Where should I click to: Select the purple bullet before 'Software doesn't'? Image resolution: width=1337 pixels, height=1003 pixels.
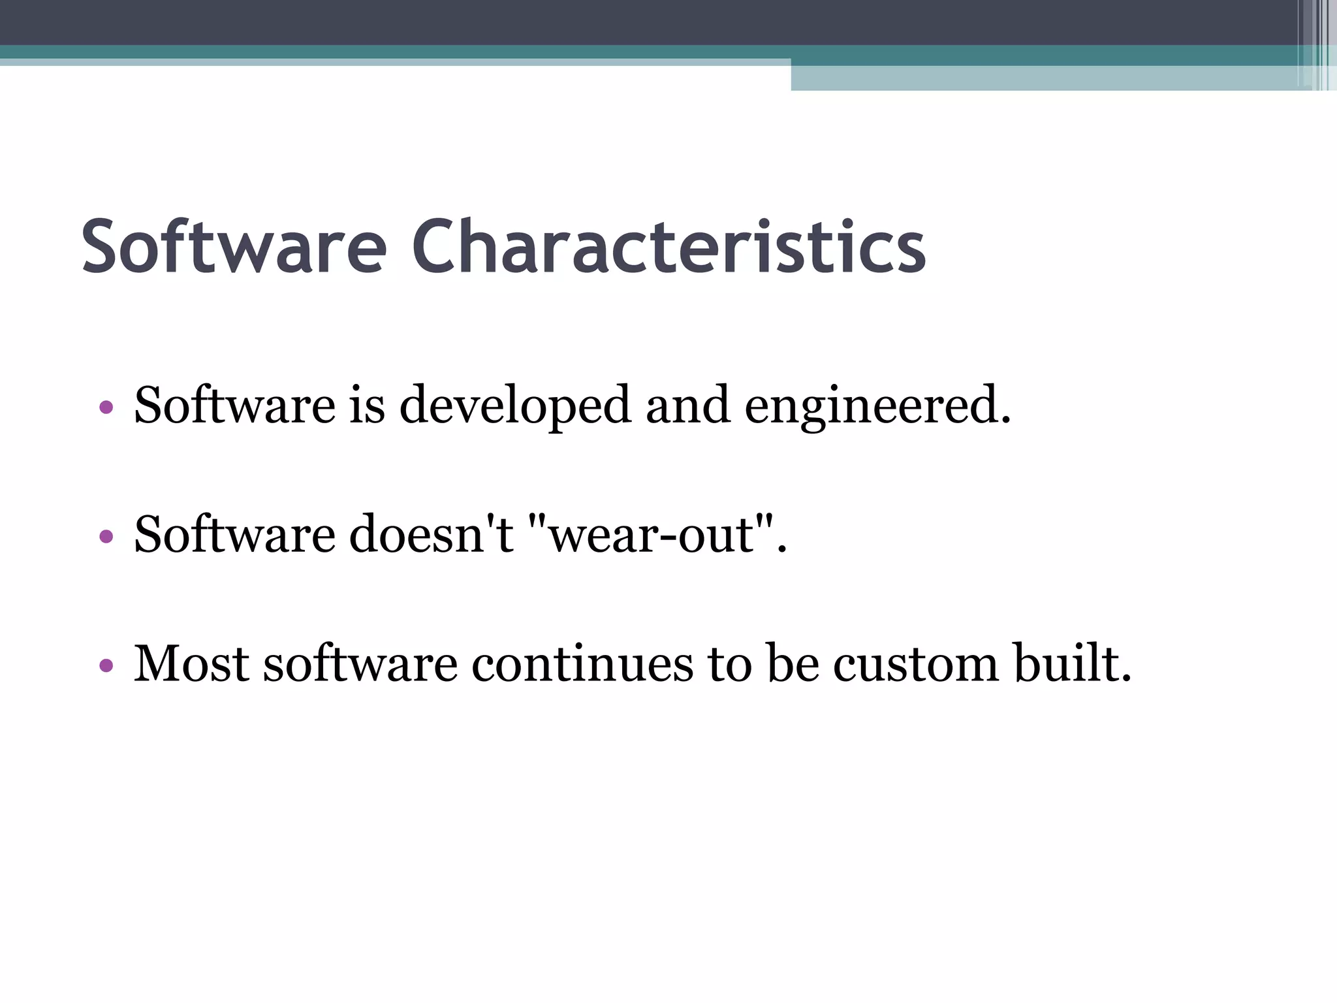(106, 537)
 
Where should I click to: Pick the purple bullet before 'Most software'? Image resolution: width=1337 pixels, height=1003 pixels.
(106, 666)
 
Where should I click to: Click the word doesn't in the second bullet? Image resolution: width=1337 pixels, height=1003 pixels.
(432, 534)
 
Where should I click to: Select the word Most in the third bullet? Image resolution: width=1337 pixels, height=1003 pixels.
(191, 663)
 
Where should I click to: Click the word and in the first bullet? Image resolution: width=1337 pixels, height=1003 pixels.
(687, 405)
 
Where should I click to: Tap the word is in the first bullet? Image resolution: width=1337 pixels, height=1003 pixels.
(367, 405)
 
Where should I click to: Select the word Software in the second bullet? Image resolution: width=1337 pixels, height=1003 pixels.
(234, 534)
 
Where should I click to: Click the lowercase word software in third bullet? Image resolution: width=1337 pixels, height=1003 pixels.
(360, 663)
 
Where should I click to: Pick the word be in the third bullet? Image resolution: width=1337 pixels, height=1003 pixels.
(793, 663)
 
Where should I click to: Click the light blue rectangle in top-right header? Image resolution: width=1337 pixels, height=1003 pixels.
(1045, 78)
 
